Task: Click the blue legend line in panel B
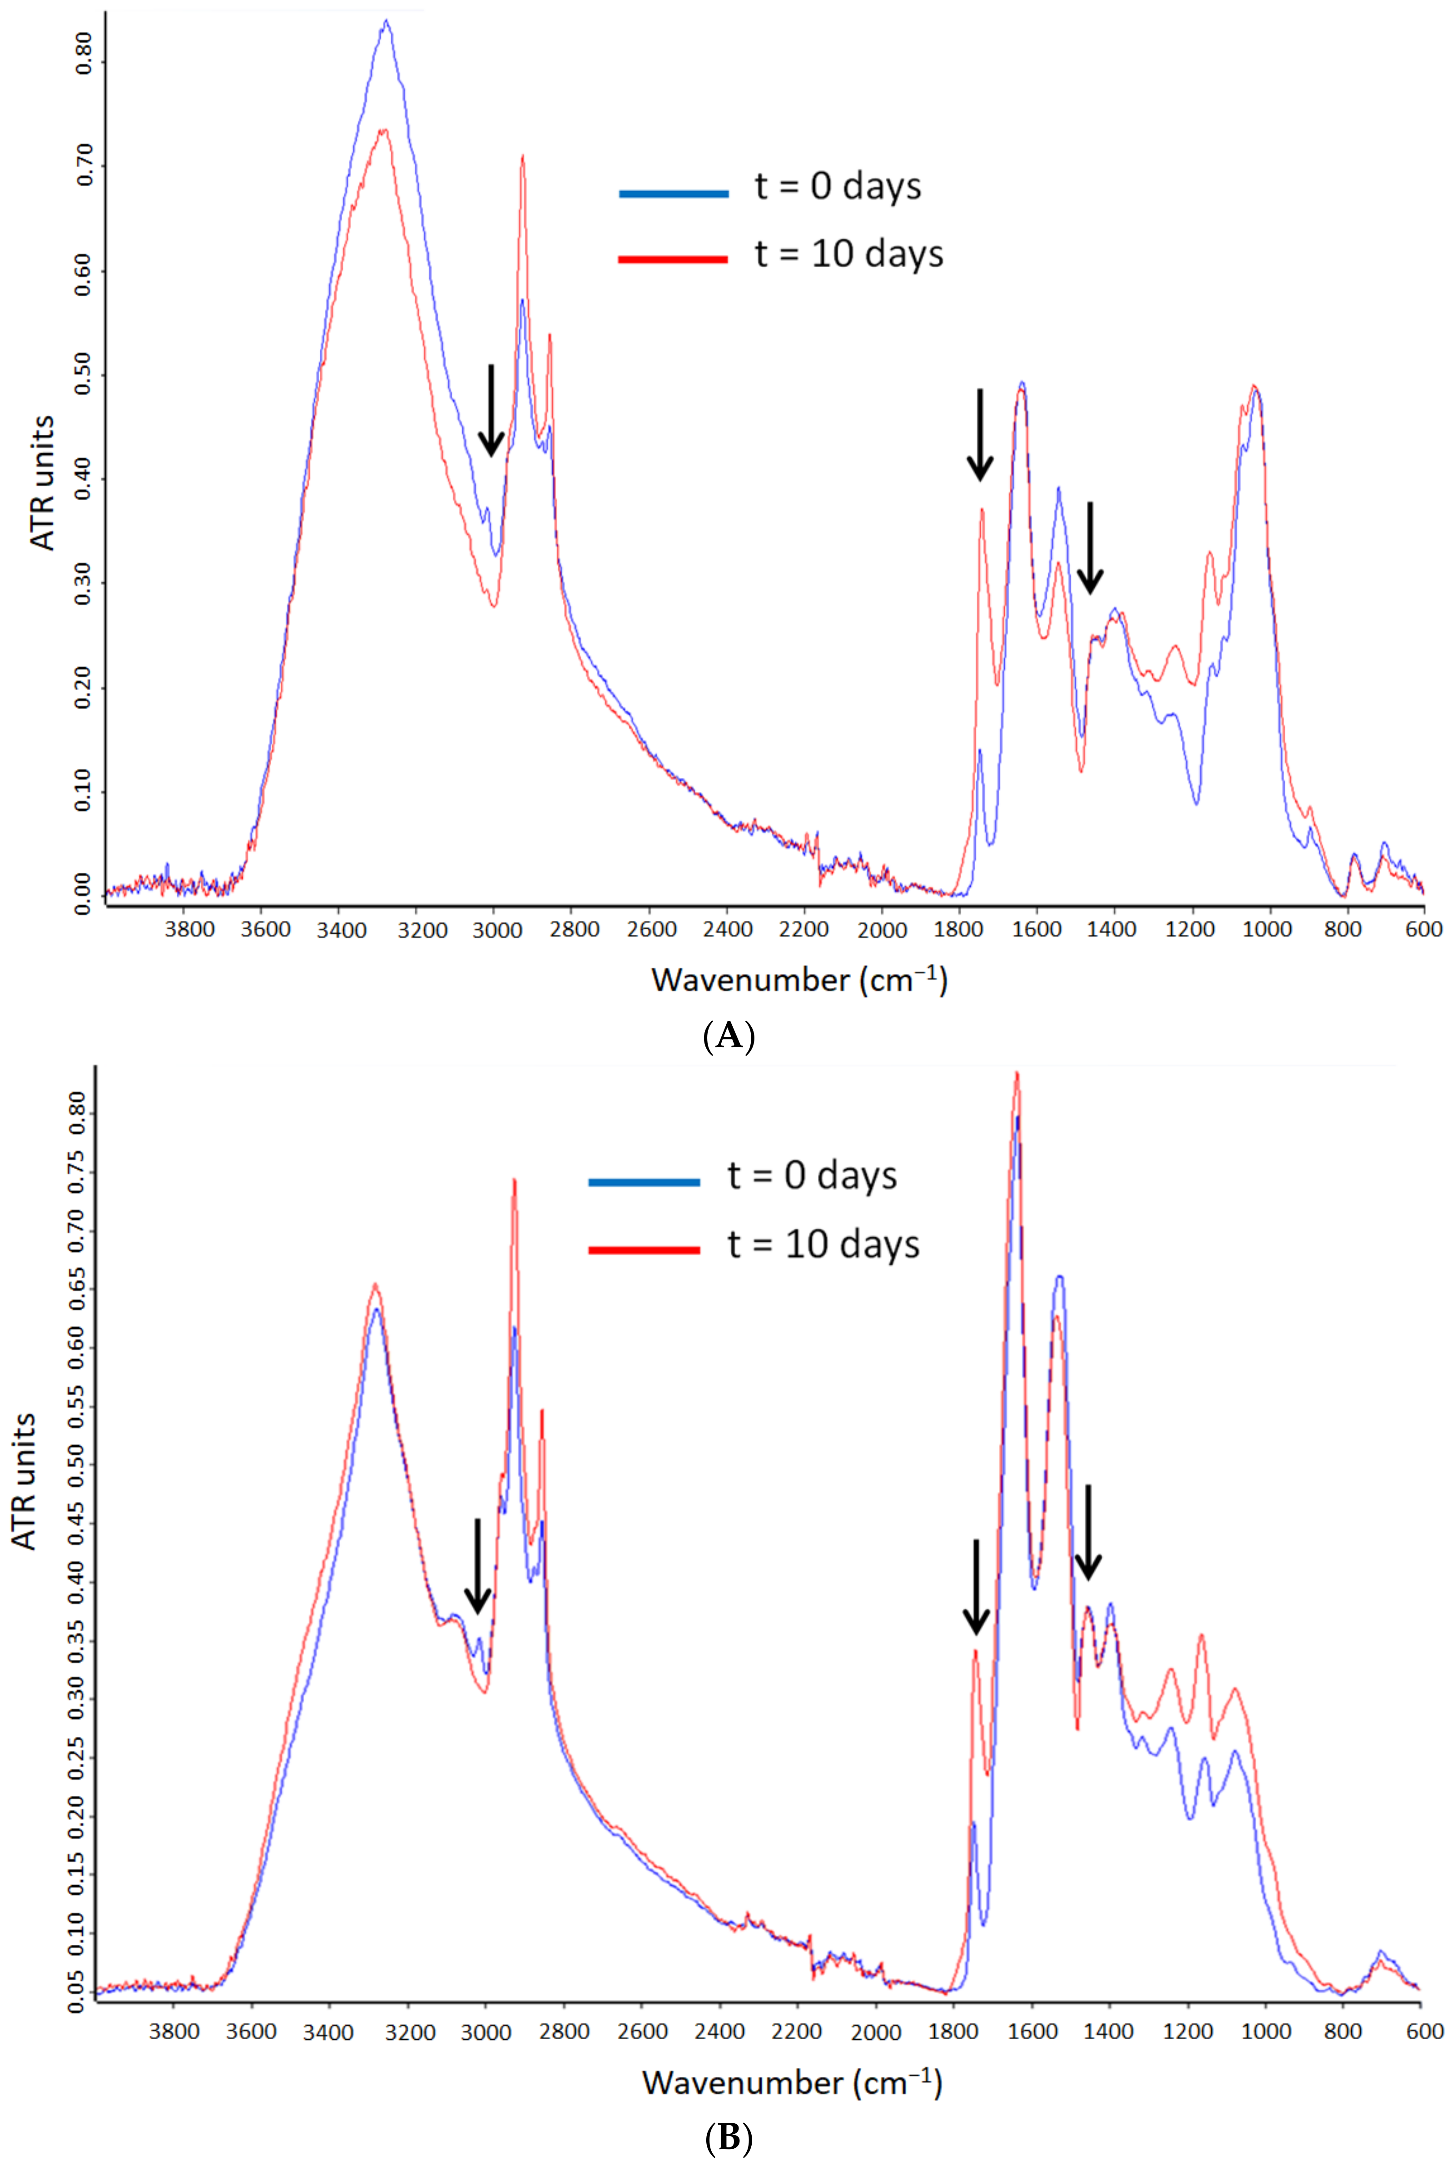[x=644, y=1182]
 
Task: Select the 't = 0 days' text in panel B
[x=812, y=1175]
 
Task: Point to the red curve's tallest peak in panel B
[x=1017, y=1073]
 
